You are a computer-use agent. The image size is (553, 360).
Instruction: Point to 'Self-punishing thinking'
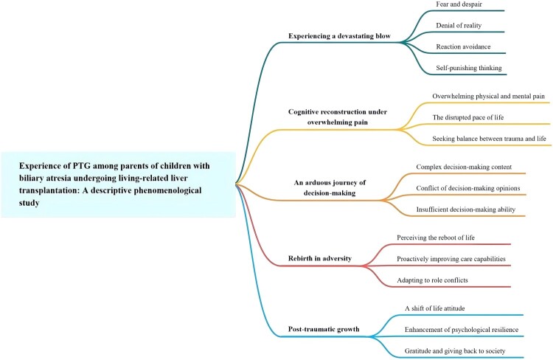pyautogui.click(x=470, y=68)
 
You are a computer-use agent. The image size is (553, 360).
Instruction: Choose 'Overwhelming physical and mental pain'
pyautogui.click(x=490, y=97)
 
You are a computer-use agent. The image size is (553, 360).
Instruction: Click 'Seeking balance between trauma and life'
pyautogui.click(x=490, y=139)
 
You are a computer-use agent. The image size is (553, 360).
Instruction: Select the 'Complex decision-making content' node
pyautogui.click(x=464, y=167)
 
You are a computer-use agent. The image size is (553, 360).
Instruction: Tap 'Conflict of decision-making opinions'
pyautogui.click(x=468, y=188)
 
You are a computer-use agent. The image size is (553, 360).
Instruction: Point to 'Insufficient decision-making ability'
pyautogui.click(x=467, y=210)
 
